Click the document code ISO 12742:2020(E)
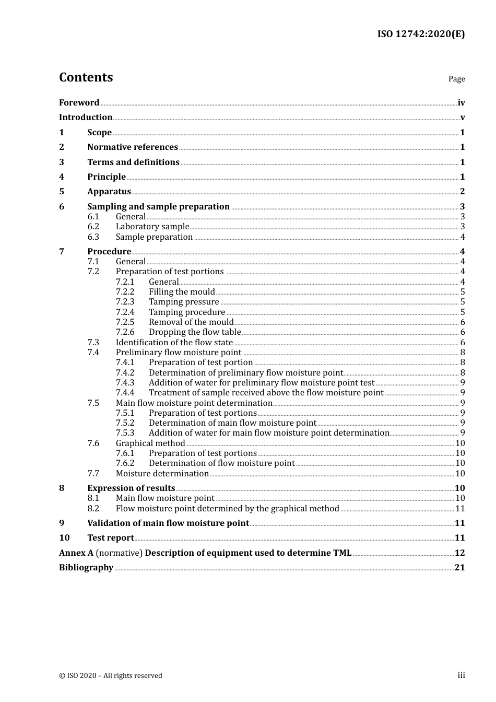[x=421, y=34]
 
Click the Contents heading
[x=86, y=77]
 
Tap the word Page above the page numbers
[x=456, y=79]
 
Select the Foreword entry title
[x=79, y=103]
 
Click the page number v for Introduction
[x=462, y=118]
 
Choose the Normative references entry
[x=133, y=147]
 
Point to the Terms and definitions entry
[x=133, y=162]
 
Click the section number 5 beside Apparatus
[x=62, y=192]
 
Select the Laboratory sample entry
[x=152, y=227]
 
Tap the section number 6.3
[x=93, y=237]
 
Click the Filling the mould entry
[x=182, y=292]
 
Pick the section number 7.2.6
[x=125, y=332]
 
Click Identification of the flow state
[x=174, y=343]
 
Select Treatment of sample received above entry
[x=266, y=393]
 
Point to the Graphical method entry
[x=150, y=443]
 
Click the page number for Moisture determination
[x=460, y=474]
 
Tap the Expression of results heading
[x=131, y=488]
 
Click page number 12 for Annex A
[x=459, y=553]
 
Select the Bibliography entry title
[x=86, y=568]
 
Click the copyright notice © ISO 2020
[x=110, y=676]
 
